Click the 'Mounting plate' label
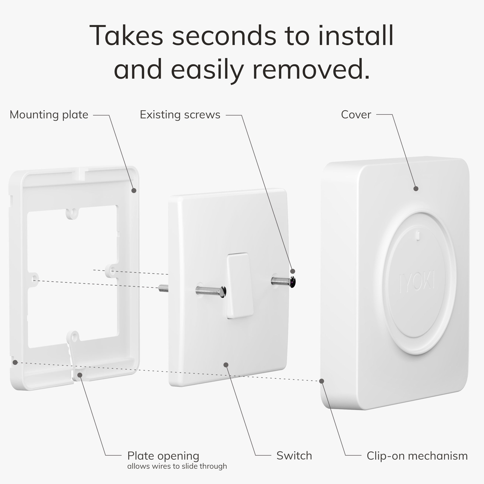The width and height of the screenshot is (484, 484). click(x=49, y=115)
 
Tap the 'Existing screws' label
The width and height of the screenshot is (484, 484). click(x=180, y=115)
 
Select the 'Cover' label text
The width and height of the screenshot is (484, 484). click(x=356, y=115)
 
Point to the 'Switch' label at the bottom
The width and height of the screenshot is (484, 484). click(x=294, y=456)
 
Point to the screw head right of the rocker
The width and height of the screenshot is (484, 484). click(x=293, y=282)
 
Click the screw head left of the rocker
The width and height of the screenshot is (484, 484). click(x=223, y=292)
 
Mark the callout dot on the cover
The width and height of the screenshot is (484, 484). click(x=416, y=189)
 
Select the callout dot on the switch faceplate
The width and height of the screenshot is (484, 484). click(x=226, y=365)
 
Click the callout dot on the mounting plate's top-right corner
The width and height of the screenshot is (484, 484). click(x=134, y=191)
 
